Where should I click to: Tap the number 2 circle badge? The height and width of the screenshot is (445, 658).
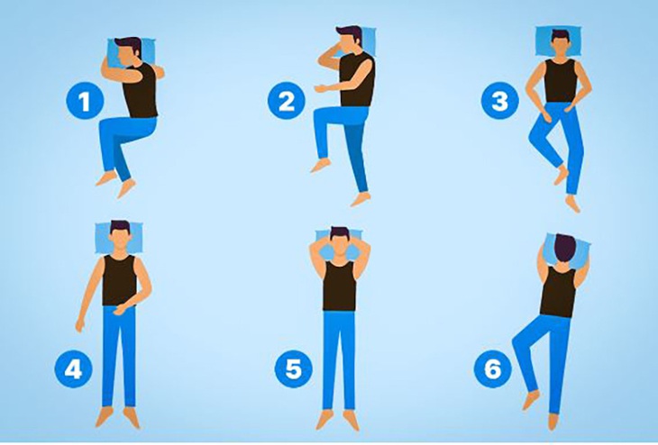click(x=286, y=101)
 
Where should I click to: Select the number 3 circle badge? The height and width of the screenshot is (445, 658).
click(x=499, y=101)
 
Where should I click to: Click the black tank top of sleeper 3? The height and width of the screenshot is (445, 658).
click(x=560, y=80)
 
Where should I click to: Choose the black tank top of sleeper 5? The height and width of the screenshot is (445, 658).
click(x=339, y=286)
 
